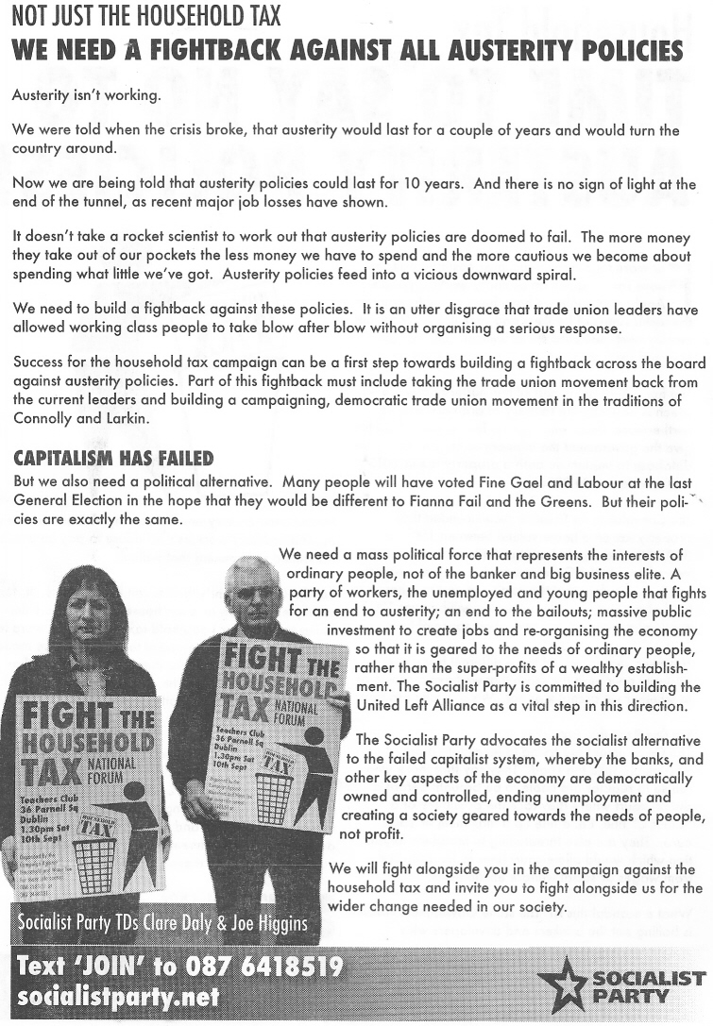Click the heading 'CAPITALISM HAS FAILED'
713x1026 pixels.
(x=113, y=459)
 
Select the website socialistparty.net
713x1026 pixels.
(x=118, y=998)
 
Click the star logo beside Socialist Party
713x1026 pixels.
(x=564, y=984)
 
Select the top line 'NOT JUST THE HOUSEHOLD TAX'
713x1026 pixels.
(x=146, y=18)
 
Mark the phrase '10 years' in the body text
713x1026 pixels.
(x=471, y=184)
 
